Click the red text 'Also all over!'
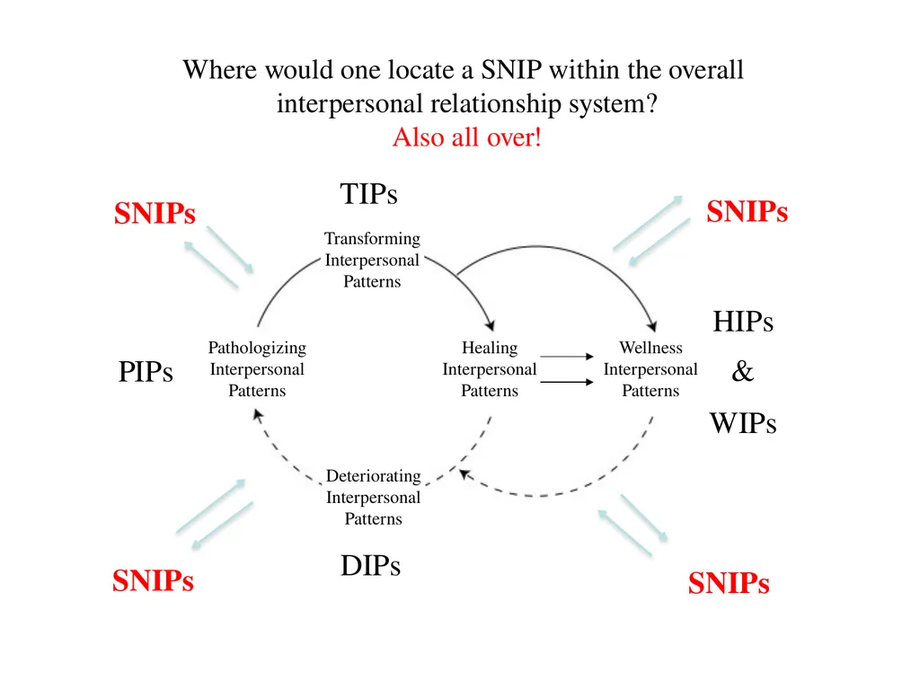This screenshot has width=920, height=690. click(467, 137)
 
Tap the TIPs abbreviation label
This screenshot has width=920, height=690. click(368, 194)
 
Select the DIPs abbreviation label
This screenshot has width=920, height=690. click(370, 566)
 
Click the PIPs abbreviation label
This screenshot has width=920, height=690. click(146, 371)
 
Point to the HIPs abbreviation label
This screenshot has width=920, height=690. click(743, 322)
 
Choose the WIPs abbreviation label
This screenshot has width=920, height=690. click(743, 424)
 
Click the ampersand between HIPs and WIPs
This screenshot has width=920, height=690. click(742, 371)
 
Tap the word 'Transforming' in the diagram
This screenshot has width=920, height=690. click(373, 239)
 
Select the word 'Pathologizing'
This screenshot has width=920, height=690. click(257, 348)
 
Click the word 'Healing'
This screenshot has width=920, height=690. click(490, 348)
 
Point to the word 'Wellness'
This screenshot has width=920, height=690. click(650, 348)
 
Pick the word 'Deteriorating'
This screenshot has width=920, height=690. click(374, 476)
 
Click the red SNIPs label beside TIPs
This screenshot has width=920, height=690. click(155, 213)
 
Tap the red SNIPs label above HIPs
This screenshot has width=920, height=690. click(747, 212)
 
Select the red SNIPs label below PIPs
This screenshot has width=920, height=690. click(153, 581)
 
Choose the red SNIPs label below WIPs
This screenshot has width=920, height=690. click(729, 583)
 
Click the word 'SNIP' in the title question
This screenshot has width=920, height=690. click(511, 70)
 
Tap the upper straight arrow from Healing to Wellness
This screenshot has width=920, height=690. click(567, 356)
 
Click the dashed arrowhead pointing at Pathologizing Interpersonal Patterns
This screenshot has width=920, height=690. click(257, 415)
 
